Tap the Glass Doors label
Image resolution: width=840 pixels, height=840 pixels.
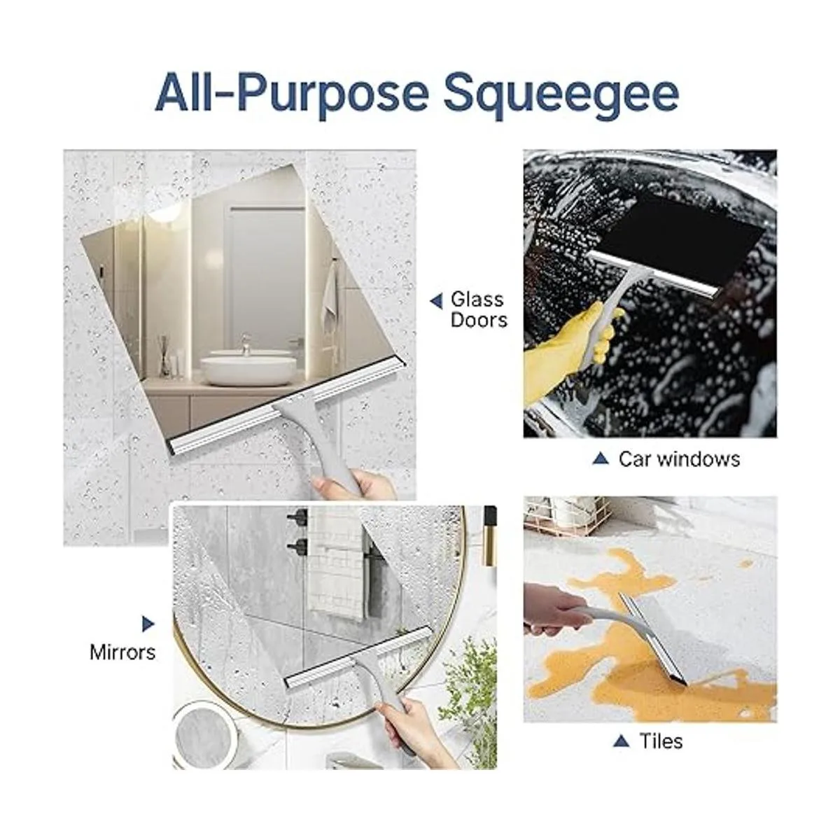click(478, 309)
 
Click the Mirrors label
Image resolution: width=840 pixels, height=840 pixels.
click(122, 652)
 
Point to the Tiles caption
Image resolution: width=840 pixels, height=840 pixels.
click(661, 741)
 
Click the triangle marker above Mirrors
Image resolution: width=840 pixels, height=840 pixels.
click(148, 623)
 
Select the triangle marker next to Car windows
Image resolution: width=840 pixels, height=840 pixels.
click(600, 459)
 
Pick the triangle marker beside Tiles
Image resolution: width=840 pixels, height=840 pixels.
click(619, 741)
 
